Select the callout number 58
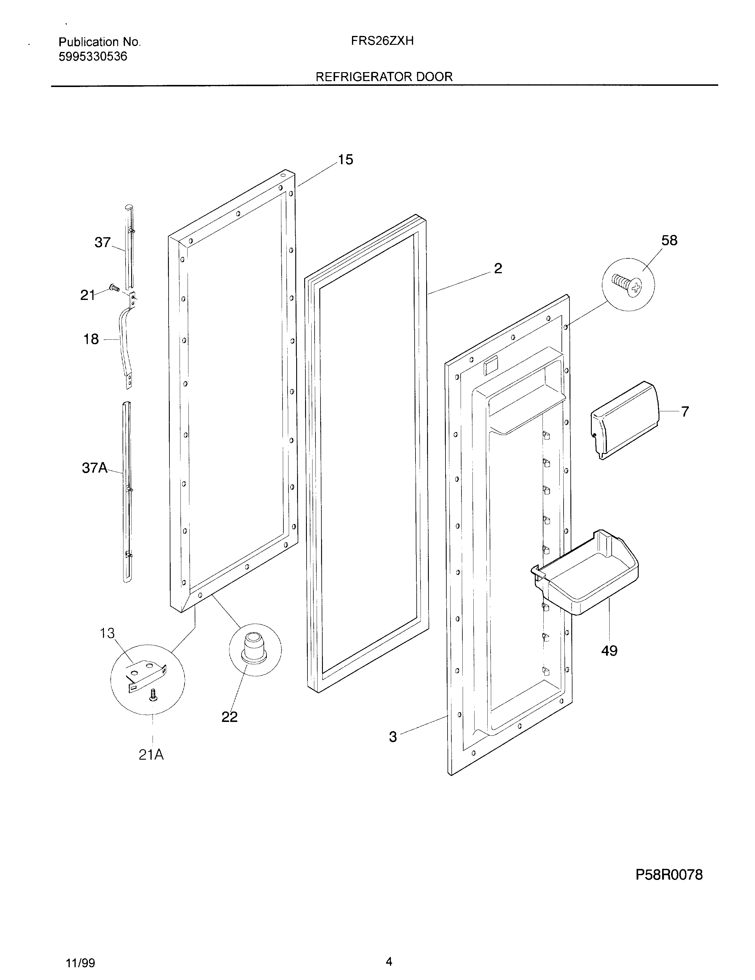pos(669,241)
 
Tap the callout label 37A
pos(95,468)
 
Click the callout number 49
pos(609,651)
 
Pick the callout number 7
pos(685,412)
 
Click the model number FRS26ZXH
pos(382,41)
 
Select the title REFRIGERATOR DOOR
pos(384,77)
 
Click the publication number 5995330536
pos(93,56)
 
